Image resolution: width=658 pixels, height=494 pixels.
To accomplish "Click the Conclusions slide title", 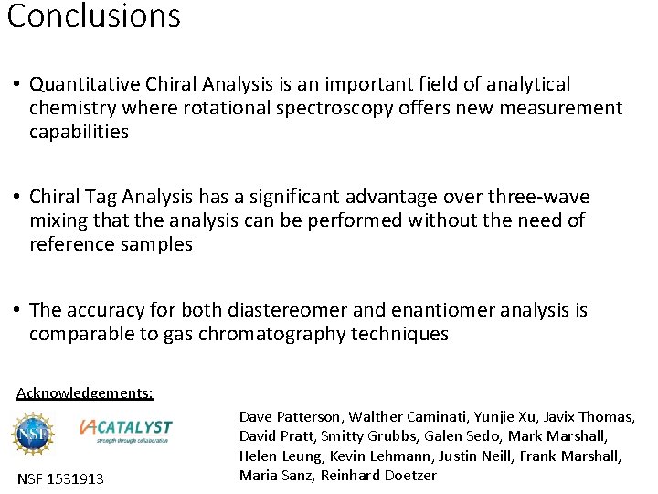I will coord(94,16).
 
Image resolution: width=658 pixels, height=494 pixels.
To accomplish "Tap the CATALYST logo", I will coord(126,428).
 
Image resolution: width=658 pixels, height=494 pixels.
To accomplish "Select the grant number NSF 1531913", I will coord(60,478).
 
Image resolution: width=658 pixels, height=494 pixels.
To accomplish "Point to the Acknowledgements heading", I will coord(85,393).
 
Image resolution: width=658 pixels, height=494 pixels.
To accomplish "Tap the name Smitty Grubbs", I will coord(360,436).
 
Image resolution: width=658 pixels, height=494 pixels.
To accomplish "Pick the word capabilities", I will coord(79,132).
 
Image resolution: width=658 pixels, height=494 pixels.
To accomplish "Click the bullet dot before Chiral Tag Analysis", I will coord(16,198).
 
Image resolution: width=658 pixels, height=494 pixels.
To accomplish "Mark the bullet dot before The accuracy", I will coord(16,311).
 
